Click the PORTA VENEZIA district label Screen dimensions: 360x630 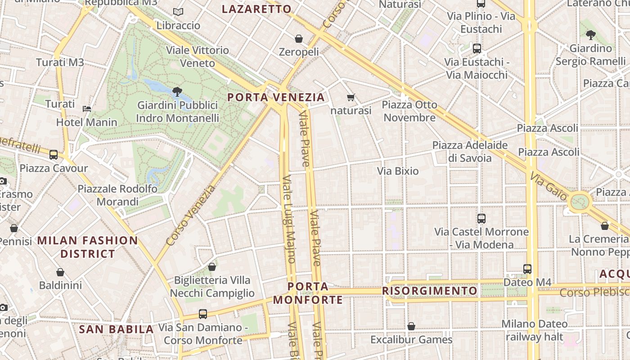click(x=276, y=97)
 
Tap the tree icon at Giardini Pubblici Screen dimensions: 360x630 click(x=177, y=92)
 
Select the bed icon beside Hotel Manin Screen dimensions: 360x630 click(x=87, y=108)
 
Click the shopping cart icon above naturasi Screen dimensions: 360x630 click(x=351, y=97)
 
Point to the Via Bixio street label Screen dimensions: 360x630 click(x=398, y=171)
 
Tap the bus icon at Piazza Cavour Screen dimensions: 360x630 click(x=54, y=155)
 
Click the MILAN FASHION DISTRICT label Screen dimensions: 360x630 click(x=88, y=247)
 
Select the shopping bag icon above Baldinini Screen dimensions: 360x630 click(x=60, y=272)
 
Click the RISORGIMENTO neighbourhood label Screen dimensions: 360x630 click(x=430, y=291)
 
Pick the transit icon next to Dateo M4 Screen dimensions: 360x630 click(x=527, y=269)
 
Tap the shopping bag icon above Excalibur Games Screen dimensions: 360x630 click(x=411, y=326)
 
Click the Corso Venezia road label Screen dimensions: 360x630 click(x=190, y=216)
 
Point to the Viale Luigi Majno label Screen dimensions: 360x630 click(x=288, y=219)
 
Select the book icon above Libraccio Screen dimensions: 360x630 click(x=178, y=12)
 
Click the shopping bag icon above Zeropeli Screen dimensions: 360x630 click(x=299, y=39)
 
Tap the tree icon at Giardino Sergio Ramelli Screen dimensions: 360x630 click(x=590, y=35)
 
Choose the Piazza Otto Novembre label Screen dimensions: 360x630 click(x=409, y=111)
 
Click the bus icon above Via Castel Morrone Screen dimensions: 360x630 click(x=481, y=219)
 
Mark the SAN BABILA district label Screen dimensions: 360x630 click(x=117, y=329)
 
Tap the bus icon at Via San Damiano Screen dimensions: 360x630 click(x=203, y=314)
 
